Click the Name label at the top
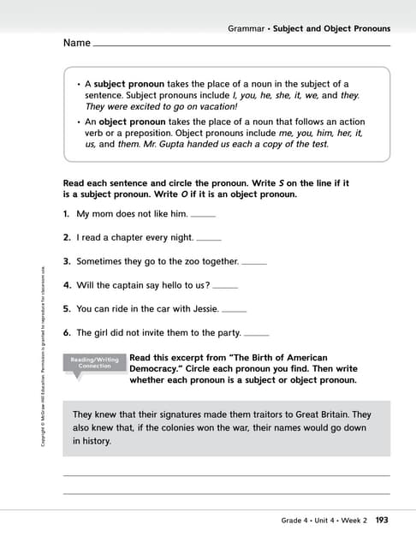(76, 43)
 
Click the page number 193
(382, 520)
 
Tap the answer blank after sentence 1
(203, 215)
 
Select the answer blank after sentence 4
(225, 286)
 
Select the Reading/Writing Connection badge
(94, 362)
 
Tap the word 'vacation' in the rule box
(259, 107)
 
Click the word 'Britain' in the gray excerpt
(330, 414)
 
